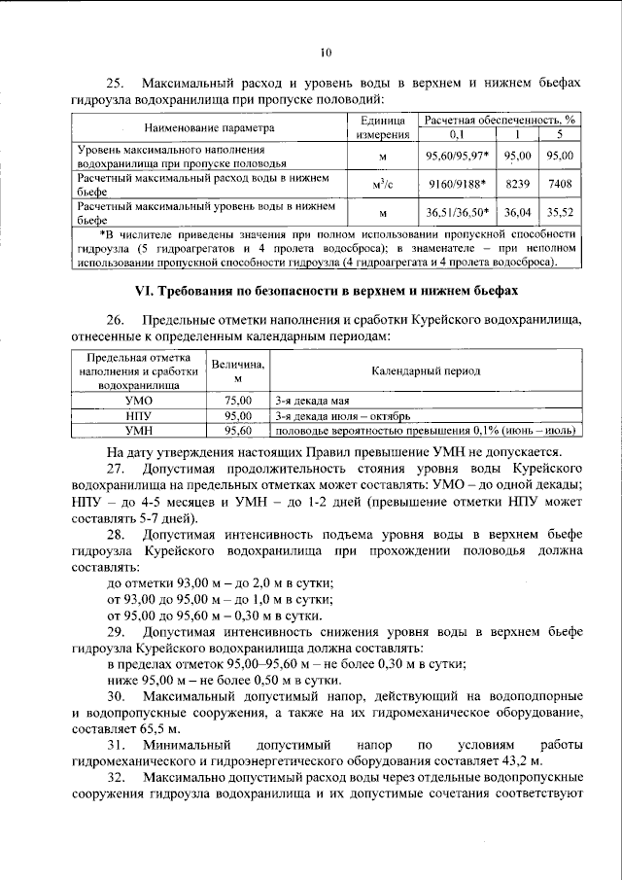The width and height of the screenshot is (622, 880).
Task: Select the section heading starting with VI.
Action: tap(325, 291)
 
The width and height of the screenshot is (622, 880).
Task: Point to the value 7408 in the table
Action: tap(560, 183)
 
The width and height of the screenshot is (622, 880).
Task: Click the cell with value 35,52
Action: tap(560, 211)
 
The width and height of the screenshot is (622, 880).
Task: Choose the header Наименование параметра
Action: tap(209, 127)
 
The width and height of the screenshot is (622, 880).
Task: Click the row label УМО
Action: tap(138, 400)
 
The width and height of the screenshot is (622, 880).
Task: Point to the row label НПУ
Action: tap(138, 414)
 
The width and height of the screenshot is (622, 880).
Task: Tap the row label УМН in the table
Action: tap(138, 429)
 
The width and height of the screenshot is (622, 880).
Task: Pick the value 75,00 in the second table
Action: tap(237, 400)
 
